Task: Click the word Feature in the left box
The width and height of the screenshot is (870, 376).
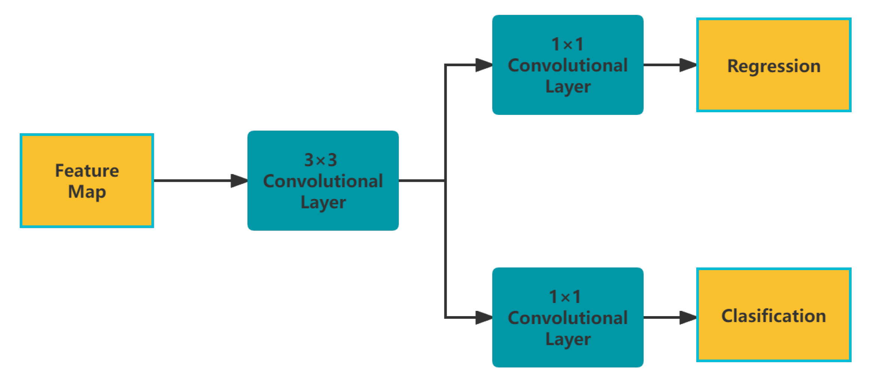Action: [87, 171]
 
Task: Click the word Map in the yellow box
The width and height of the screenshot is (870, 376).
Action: [87, 192]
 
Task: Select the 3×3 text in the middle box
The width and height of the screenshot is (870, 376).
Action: [320, 160]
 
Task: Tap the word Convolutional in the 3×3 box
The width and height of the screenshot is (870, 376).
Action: [323, 181]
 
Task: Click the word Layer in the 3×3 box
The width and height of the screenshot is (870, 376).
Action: [323, 202]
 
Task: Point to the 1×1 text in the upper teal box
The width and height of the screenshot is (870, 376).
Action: [568, 45]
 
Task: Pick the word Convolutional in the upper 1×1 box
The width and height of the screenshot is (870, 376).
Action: [568, 65]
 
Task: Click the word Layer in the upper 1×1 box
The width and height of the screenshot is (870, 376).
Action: [568, 87]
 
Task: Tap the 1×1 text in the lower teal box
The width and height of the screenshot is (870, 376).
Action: [565, 297]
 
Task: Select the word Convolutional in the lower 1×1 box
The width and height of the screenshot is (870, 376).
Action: [568, 318]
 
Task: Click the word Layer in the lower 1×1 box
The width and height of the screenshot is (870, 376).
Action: [568, 339]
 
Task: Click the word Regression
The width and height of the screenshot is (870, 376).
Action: [774, 66]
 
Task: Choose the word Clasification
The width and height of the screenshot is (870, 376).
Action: [773, 316]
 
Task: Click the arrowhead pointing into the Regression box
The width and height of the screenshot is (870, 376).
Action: [688, 65]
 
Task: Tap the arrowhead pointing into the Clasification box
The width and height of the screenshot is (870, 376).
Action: [688, 318]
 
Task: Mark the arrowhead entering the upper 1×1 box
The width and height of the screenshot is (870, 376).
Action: [484, 65]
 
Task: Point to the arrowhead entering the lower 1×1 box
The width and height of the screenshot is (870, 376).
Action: [484, 318]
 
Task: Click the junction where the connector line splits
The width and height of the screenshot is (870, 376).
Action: [445, 181]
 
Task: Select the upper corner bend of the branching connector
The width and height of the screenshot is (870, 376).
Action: [445, 65]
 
